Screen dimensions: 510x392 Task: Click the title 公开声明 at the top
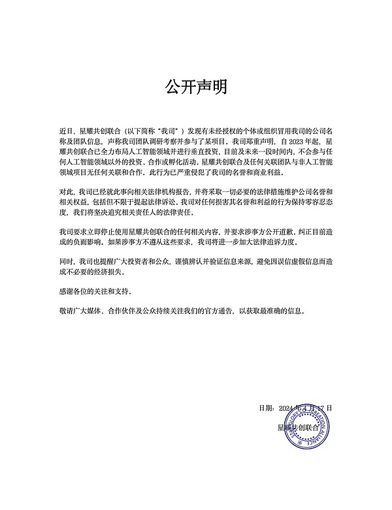point(195,87)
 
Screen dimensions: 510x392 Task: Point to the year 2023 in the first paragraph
point(291,141)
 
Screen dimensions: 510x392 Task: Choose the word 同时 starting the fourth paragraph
point(66,260)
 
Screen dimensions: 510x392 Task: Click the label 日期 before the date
point(266,407)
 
